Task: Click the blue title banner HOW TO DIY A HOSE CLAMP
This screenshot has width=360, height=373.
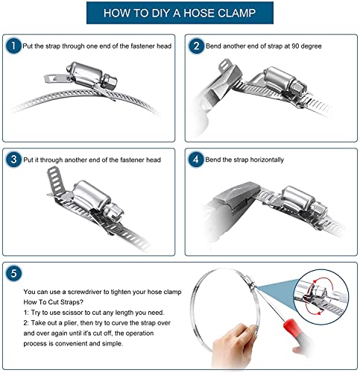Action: (x=180, y=13)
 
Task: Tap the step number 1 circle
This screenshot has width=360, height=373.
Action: (x=13, y=46)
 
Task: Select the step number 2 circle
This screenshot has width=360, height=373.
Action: (x=196, y=46)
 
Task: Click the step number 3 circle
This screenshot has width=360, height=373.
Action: (x=13, y=160)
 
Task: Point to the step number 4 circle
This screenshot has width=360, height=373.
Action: (x=196, y=160)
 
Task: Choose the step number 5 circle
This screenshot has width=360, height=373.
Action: (x=13, y=273)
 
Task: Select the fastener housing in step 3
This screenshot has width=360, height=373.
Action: (x=92, y=195)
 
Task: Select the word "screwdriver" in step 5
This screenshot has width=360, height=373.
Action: (x=85, y=292)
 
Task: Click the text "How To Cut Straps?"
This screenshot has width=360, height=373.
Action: (x=54, y=302)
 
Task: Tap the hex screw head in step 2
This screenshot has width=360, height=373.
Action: (x=300, y=90)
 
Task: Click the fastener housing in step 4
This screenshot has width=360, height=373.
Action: (x=298, y=199)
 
